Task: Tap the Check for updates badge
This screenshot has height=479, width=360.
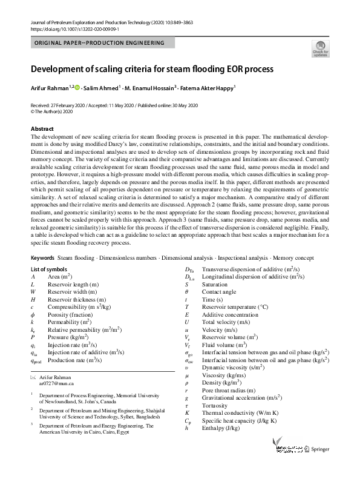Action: coord(320,48)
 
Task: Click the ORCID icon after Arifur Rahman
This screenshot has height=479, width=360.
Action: coord(78,88)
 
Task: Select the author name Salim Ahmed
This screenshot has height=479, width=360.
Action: coord(101,88)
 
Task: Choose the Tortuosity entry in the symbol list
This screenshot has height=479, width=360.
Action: coord(215,388)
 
